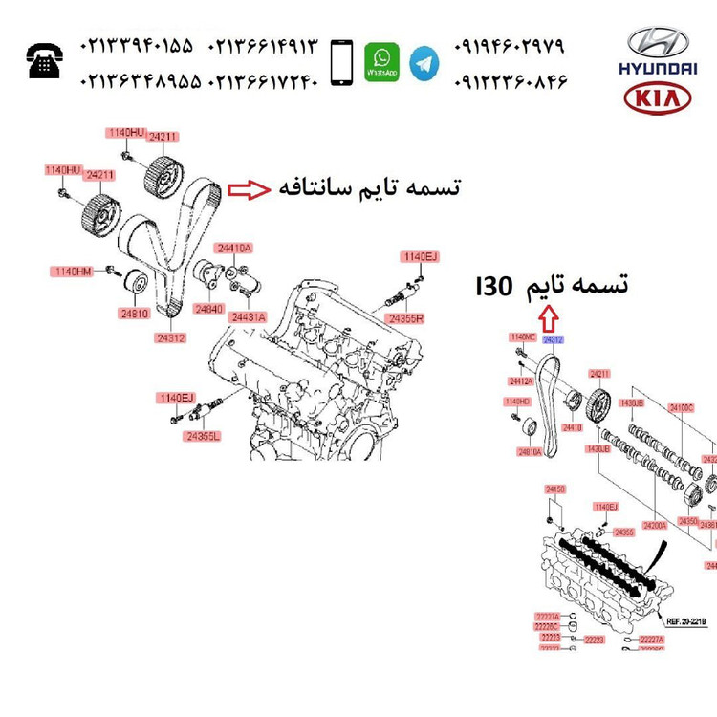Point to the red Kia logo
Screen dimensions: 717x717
click(x=657, y=98)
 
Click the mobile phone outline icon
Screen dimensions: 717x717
click(x=339, y=62)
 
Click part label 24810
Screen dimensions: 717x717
click(x=134, y=313)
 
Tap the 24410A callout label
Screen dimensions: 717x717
click(x=233, y=249)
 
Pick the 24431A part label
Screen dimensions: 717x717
click(x=248, y=316)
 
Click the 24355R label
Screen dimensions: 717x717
click(x=405, y=316)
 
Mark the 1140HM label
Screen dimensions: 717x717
click(x=72, y=272)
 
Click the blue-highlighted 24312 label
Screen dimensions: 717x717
click(x=554, y=339)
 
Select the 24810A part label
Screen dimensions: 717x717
click(x=530, y=450)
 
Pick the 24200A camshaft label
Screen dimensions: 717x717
click(x=655, y=525)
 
